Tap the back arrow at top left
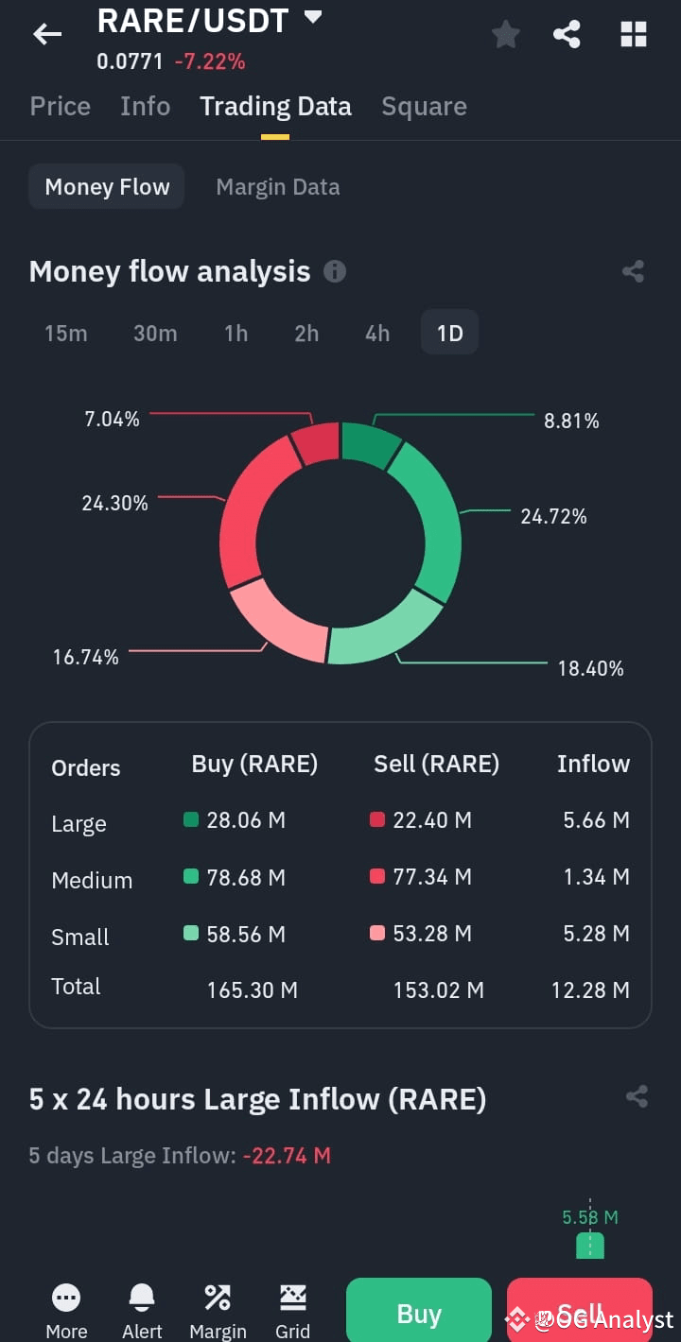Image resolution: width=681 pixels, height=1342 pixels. point(47,34)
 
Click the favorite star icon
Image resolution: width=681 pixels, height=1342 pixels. point(506,34)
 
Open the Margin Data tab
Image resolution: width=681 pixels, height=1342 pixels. point(278,187)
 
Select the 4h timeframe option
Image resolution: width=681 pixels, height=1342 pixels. point(377,333)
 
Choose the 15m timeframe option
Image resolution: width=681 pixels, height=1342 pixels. point(66,333)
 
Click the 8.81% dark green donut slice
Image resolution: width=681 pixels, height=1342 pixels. point(369,443)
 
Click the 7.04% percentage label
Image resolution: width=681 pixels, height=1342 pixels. point(113,420)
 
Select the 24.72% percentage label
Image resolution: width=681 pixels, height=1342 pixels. point(554,516)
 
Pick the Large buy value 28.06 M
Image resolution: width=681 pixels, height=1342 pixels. point(246,820)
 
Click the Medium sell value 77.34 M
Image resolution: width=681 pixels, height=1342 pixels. point(432,877)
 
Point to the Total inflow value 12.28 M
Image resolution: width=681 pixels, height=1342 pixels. point(590,990)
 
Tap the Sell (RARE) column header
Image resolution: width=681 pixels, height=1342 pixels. point(436,764)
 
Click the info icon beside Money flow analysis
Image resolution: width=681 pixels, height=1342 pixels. point(335,271)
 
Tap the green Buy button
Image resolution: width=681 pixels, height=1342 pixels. point(419,1310)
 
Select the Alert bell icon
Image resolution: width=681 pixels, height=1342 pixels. point(142,1298)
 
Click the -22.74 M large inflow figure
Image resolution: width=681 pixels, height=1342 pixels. point(288,1156)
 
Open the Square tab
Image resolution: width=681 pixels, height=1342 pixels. point(425,107)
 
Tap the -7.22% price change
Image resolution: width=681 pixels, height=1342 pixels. point(210,61)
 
